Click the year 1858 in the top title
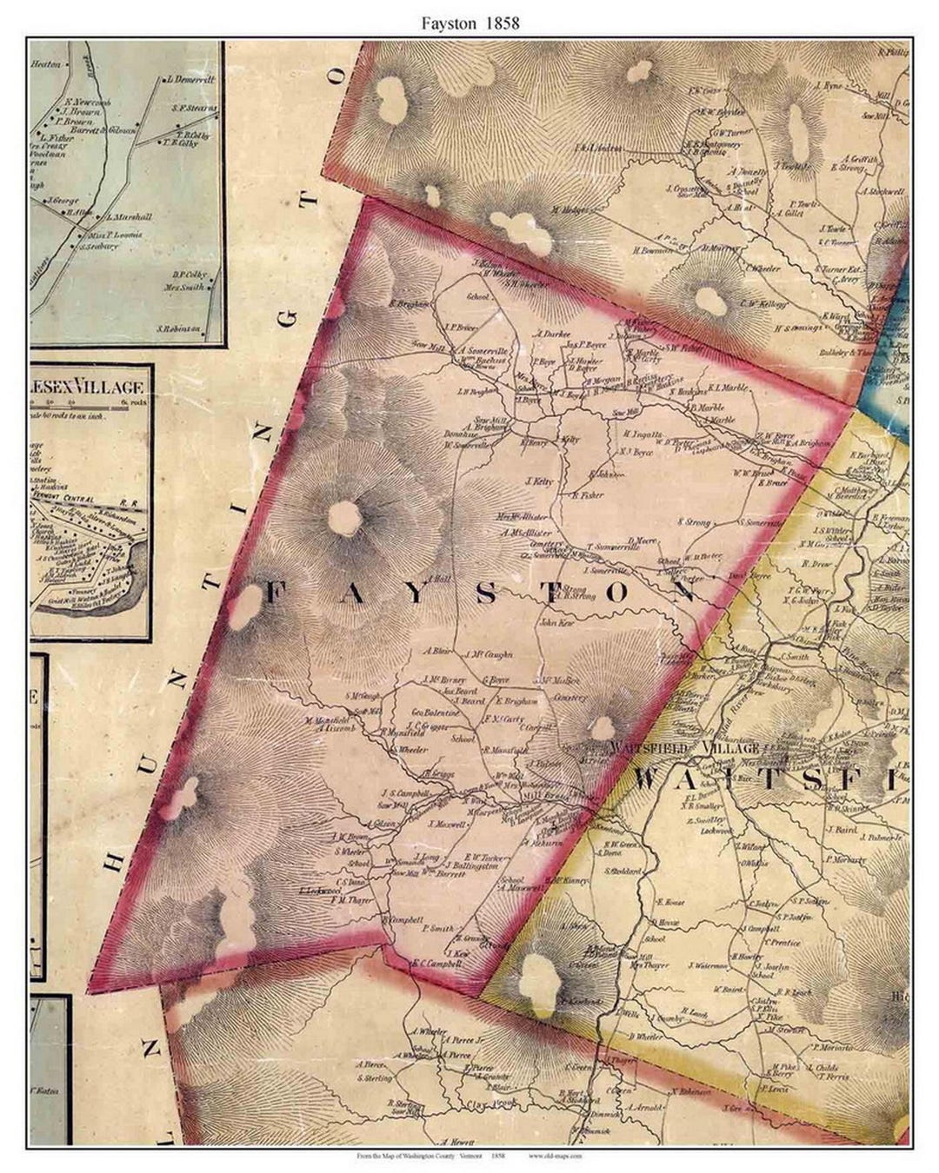coord(503,23)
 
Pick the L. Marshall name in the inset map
coord(129,217)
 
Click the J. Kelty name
coord(539,480)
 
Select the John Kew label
coord(557,623)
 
